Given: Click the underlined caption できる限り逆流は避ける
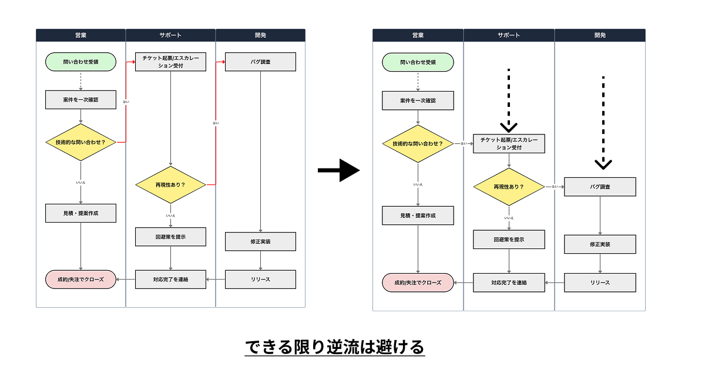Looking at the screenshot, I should [334, 347].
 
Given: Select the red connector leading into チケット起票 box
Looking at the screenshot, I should [126, 100].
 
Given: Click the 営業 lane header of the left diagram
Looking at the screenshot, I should [80, 35].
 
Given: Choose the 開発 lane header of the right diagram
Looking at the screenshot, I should [600, 35].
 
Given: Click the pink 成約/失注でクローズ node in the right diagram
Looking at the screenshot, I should [418, 282].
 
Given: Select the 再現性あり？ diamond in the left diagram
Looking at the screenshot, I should [170, 185].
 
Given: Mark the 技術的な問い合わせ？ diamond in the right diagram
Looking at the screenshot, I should [418, 143].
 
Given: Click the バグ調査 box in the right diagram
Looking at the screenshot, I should [600, 187].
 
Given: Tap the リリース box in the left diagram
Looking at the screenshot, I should [260, 279].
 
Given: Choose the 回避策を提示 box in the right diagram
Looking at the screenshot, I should [509, 239].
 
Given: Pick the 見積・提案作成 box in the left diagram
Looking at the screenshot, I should [80, 213].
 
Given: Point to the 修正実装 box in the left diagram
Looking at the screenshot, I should [260, 241].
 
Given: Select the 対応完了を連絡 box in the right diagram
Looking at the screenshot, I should [509, 282].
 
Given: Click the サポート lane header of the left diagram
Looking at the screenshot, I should [170, 35].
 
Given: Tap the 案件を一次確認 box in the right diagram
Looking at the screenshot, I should [418, 100].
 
